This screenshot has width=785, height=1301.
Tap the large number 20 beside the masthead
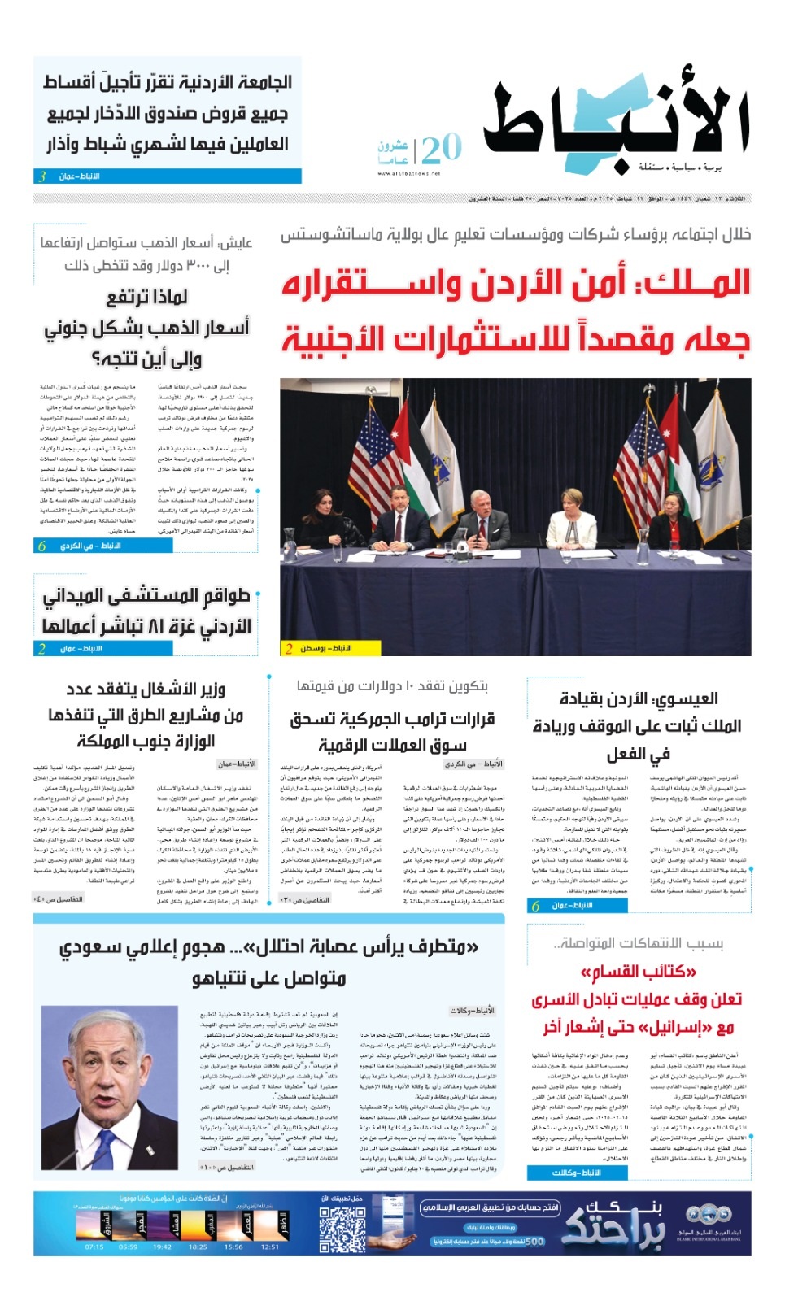(x=441, y=150)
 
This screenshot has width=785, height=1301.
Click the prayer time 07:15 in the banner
(x=94, y=1246)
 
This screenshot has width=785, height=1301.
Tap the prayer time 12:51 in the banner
(x=270, y=1246)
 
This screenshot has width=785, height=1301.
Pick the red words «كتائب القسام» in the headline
(x=639, y=972)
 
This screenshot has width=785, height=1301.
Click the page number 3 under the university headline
(x=42, y=176)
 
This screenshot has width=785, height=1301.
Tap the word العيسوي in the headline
(x=688, y=698)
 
